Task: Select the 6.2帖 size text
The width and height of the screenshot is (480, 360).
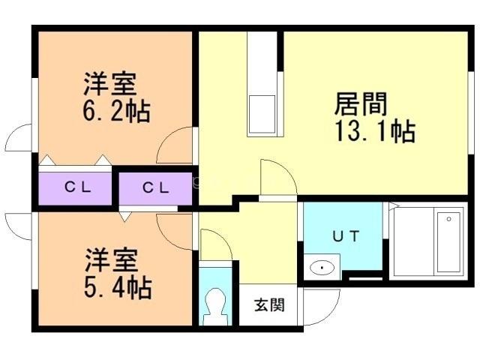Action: (116, 111)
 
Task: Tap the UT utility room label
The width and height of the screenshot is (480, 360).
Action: (346, 235)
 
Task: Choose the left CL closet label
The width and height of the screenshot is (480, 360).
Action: (77, 187)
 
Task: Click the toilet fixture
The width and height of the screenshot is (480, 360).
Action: (217, 305)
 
